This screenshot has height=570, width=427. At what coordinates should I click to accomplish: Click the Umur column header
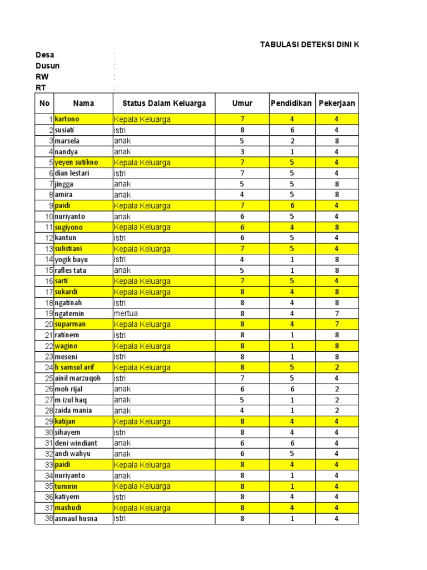pyautogui.click(x=242, y=103)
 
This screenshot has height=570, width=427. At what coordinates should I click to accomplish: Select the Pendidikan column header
pyautogui.click(x=292, y=103)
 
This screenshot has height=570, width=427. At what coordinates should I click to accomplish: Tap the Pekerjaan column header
pyautogui.click(x=337, y=103)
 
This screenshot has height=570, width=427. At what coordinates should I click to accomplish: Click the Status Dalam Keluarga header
pyautogui.click(x=160, y=103)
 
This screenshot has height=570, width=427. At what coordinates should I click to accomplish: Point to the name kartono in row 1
pyautogui.click(x=67, y=119)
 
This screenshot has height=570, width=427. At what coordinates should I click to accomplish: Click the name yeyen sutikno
pyautogui.click(x=76, y=163)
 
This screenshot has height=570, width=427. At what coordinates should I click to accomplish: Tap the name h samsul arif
pyautogui.click(x=75, y=367)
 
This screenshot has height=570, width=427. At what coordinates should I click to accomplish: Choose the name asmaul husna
pyautogui.click(x=76, y=519)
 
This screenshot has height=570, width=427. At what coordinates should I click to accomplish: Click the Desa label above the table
pyautogui.click(x=45, y=55)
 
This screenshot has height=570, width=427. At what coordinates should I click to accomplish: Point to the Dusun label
pyautogui.click(x=48, y=66)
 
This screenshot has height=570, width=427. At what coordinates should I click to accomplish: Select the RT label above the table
pyautogui.click(x=41, y=87)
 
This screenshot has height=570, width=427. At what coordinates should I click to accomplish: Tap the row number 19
pyautogui.click(x=48, y=313)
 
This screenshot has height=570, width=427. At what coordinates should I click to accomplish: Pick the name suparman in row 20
pyautogui.click(x=71, y=324)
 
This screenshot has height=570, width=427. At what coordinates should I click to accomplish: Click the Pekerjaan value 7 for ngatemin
pyautogui.click(x=336, y=313)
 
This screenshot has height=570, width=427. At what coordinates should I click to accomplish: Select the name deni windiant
pyautogui.click(x=76, y=443)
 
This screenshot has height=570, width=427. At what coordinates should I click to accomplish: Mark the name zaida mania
pyautogui.click(x=73, y=410)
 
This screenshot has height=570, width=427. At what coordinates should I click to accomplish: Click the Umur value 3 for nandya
pyautogui.click(x=242, y=151)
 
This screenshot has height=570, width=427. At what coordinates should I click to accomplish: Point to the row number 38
pyautogui.click(x=48, y=519)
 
